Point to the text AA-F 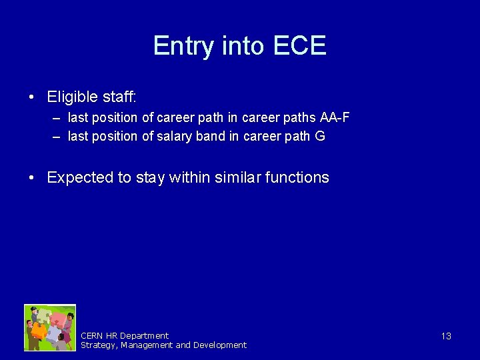335,118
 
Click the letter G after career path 320,137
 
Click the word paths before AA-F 299,118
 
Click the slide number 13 446,336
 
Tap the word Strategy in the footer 97,345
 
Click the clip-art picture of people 50,327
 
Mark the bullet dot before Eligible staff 32,98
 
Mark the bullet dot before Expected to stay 32,178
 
